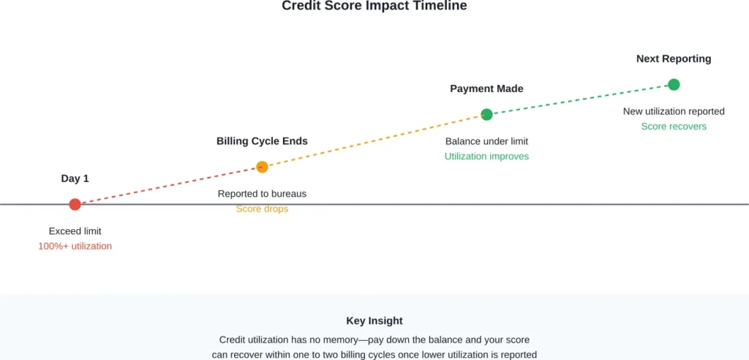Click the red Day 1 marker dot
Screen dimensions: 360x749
point(75,204)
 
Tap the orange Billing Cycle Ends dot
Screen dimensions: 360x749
point(262,167)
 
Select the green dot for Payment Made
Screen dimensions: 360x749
point(486,114)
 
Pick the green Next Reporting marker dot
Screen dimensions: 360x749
point(674,85)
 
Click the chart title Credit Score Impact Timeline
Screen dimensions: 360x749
point(374,6)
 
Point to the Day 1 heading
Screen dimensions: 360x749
point(75,178)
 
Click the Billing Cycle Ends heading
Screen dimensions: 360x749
point(262,140)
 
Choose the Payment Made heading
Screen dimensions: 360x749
point(486,89)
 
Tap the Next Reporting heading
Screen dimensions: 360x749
point(674,59)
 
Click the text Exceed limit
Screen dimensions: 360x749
point(75,231)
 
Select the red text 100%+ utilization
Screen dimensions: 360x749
point(75,247)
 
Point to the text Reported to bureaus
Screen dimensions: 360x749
point(262,194)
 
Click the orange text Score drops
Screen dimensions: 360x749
point(262,209)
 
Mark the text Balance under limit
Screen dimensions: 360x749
point(486,141)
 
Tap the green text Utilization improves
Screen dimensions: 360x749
point(486,157)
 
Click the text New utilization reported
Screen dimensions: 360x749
point(674,111)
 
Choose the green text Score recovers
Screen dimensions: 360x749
point(674,127)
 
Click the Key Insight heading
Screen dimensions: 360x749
point(374,320)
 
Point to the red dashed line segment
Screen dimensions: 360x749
point(168,186)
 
